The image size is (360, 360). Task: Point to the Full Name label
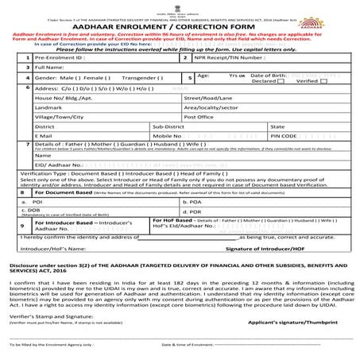[51, 91]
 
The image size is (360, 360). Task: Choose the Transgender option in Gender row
[132, 102]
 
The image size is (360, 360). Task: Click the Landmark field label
[49, 130]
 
